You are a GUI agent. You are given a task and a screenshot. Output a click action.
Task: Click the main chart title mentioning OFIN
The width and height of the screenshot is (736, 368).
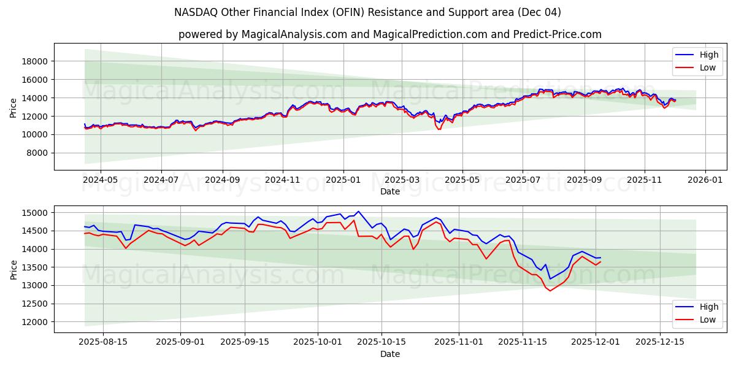coord(367,12)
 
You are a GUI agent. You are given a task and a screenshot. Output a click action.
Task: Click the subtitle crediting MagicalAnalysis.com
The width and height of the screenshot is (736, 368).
coord(389,34)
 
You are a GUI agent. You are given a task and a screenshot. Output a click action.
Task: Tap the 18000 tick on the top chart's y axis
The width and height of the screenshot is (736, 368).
coord(36,61)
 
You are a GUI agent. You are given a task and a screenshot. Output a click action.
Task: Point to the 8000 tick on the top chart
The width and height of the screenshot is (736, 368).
coord(38,153)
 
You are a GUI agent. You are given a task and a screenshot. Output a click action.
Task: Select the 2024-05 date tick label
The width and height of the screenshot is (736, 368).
coord(100,180)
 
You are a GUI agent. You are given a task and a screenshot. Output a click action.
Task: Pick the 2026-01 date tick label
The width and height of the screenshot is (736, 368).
coord(705,180)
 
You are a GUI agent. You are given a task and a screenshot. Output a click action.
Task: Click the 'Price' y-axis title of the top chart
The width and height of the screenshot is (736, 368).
coord(13,107)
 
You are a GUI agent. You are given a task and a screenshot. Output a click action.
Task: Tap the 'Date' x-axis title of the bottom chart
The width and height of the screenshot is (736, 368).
coord(390,354)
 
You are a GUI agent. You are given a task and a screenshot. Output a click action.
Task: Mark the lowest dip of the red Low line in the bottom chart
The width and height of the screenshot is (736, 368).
coord(550,291)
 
